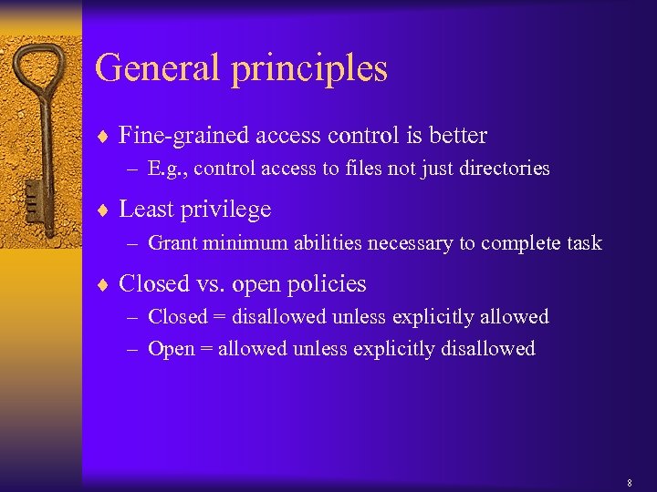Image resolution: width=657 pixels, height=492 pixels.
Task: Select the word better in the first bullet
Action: [459, 136]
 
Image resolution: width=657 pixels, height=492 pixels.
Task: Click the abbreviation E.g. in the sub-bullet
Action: [167, 169]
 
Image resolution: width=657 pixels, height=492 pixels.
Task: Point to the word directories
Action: [506, 169]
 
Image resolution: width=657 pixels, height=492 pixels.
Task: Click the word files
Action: [386, 169]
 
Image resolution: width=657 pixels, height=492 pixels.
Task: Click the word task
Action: [583, 243]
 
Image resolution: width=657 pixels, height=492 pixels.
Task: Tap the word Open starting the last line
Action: [171, 349]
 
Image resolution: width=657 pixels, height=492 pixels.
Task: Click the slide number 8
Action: [630, 482]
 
